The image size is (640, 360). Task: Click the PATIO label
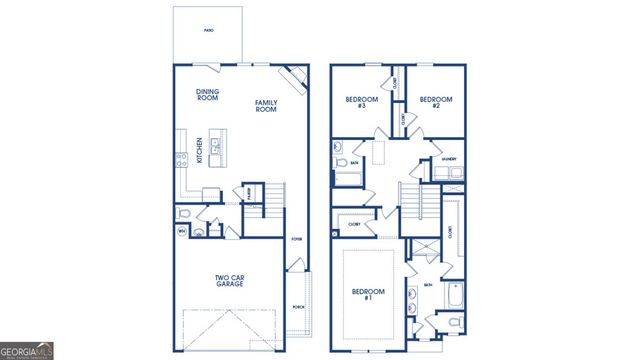[209, 31]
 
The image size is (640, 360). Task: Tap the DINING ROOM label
[207, 95]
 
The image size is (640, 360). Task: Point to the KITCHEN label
[199, 151]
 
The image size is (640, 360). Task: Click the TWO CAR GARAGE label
[231, 283]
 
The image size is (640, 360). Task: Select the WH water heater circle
[182, 232]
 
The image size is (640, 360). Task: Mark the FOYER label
[296, 240]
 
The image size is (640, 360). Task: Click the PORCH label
[298, 307]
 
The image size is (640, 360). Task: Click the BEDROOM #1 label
[362, 295]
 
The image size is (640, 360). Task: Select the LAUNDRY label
[449, 159]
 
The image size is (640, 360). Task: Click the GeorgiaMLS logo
[27, 351]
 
